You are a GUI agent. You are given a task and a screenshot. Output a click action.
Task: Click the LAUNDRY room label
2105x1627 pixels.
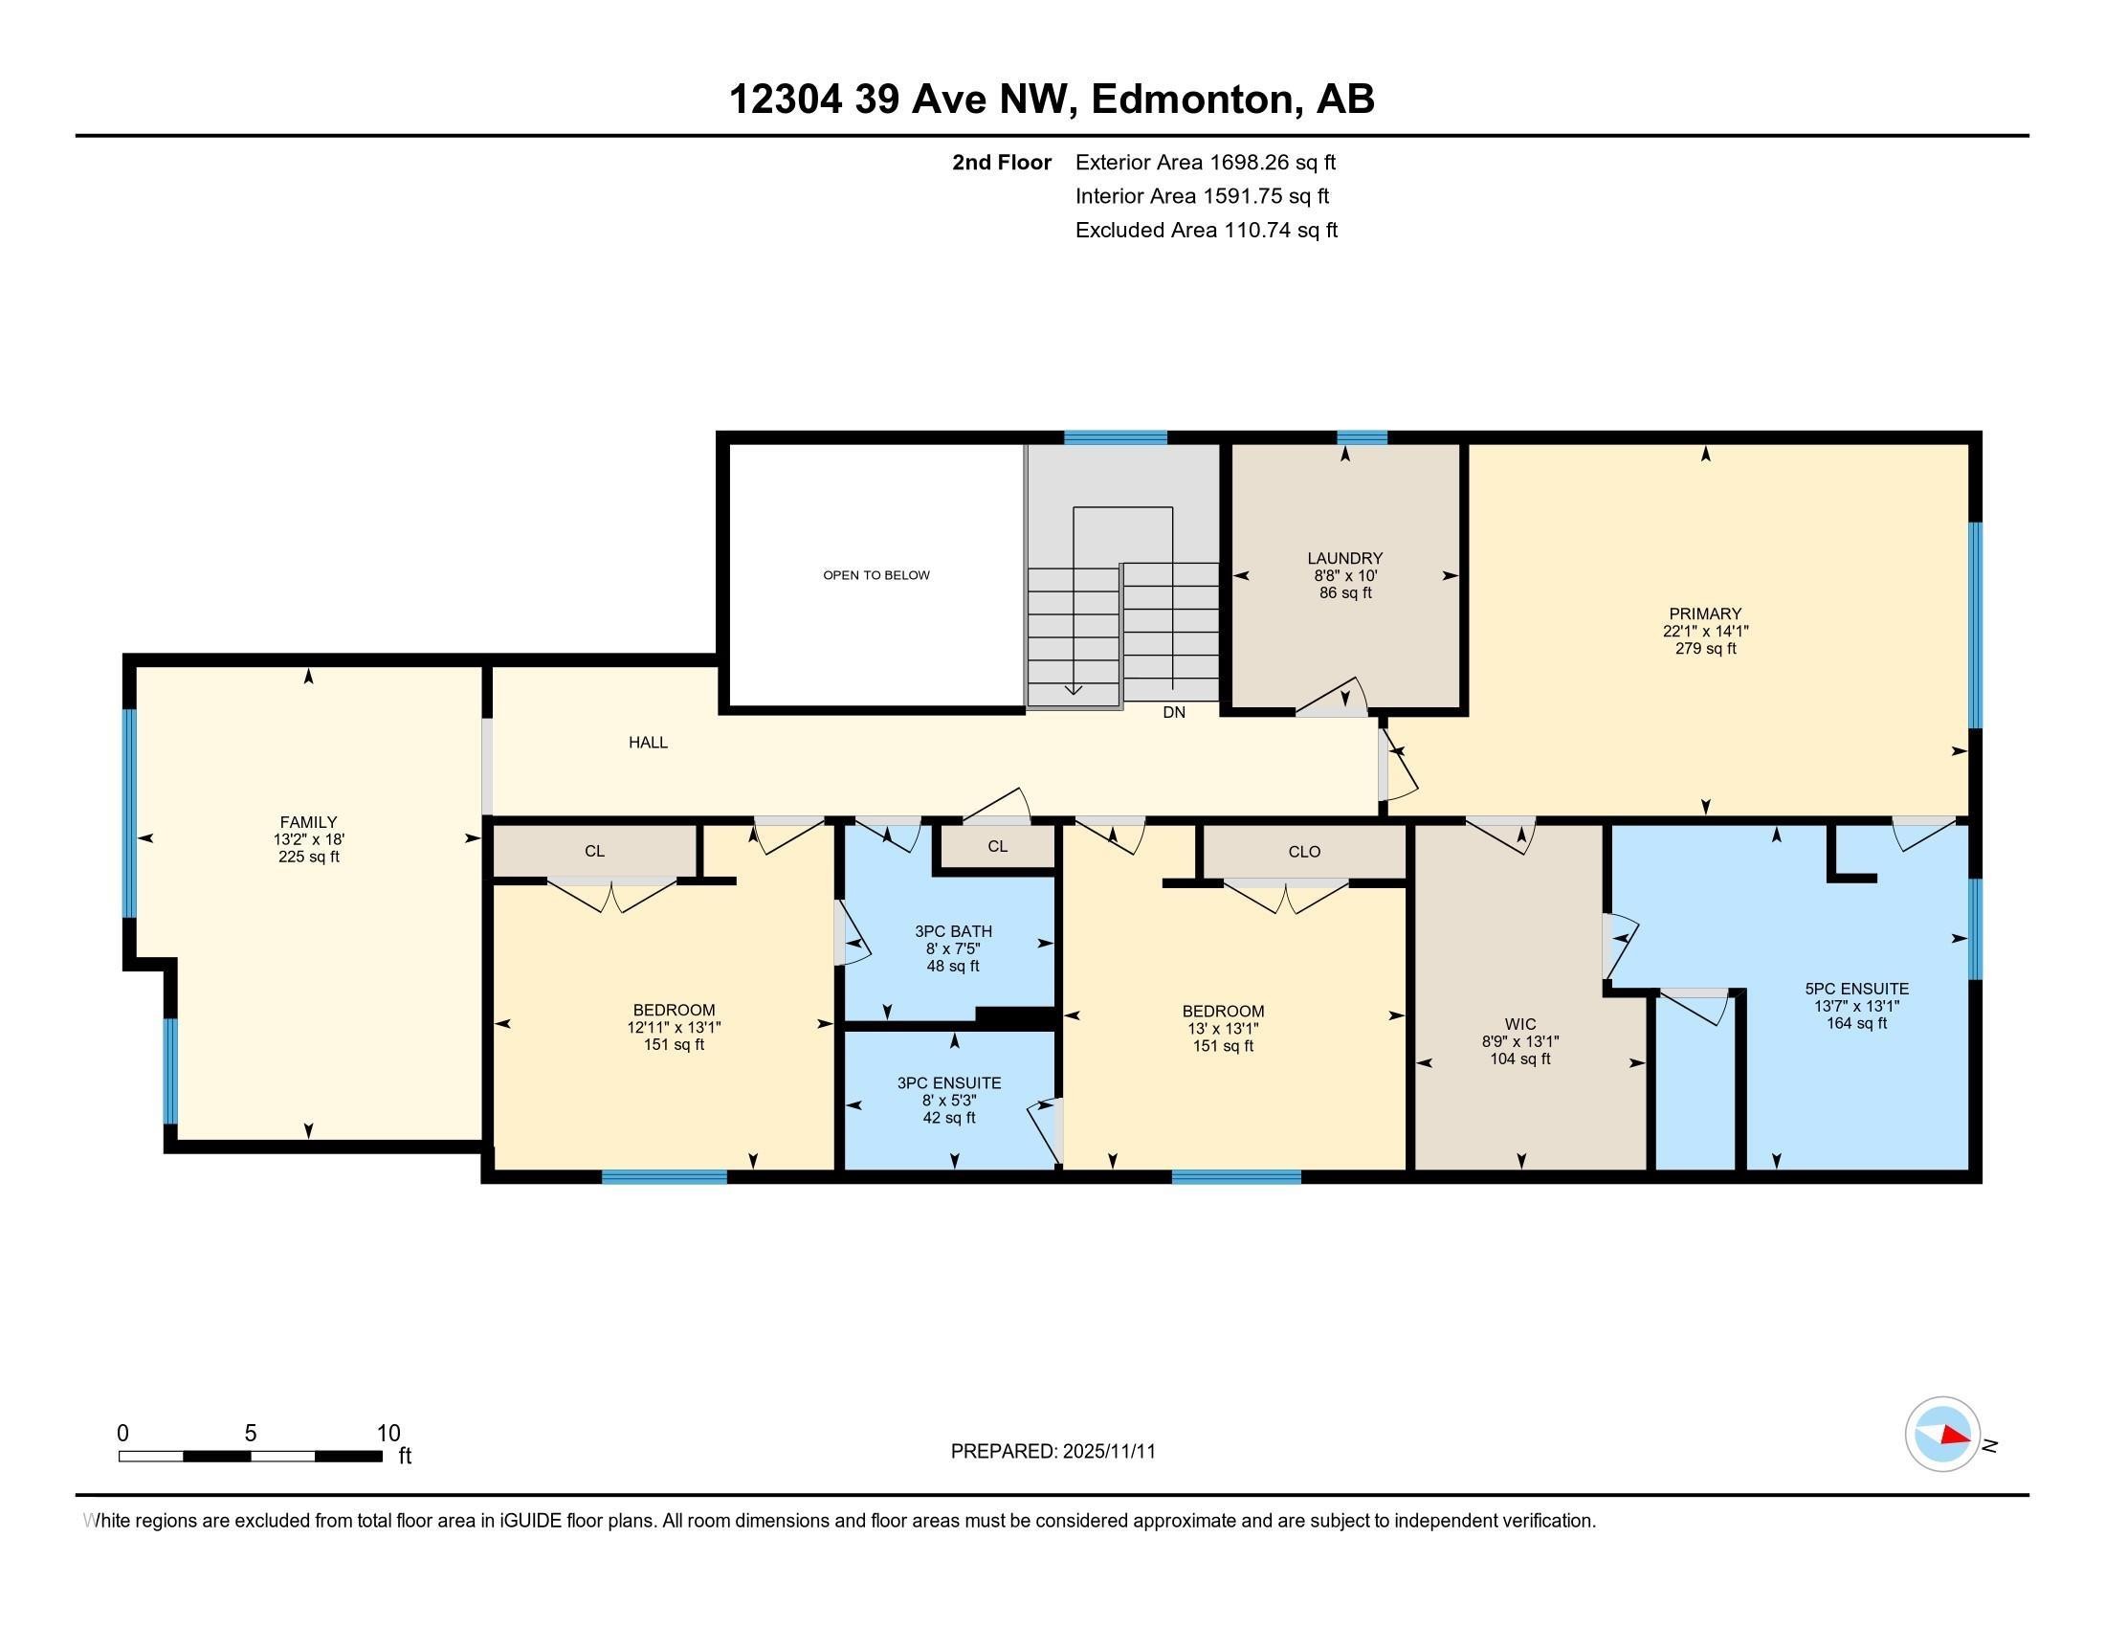tap(1344, 558)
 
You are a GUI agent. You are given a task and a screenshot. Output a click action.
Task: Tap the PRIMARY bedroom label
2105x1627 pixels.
tap(1705, 614)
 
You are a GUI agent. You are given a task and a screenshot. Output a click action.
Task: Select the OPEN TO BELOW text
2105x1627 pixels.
tap(876, 575)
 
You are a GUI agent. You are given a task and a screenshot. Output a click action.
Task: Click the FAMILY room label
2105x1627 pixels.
tap(308, 822)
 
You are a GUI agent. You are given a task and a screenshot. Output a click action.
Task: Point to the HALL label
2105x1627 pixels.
tap(648, 742)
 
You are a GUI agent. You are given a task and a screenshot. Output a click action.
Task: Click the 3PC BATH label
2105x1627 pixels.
tap(952, 931)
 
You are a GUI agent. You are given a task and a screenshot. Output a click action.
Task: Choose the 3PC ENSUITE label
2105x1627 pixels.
tap(948, 1083)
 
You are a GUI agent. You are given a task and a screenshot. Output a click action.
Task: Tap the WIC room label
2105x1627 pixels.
tap(1520, 1024)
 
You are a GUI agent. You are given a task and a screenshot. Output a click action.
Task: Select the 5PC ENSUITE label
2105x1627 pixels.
tap(1856, 989)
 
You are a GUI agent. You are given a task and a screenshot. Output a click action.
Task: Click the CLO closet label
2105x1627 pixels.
tap(1304, 852)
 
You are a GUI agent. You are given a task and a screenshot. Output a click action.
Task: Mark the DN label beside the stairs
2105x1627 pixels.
tap(1174, 712)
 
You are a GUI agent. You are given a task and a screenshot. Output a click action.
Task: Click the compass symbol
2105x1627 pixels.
tap(1942, 1435)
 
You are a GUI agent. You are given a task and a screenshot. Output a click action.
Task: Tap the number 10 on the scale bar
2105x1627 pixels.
tap(388, 1434)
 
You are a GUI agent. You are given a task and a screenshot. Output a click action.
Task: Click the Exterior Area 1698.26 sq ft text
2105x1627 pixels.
tap(1205, 163)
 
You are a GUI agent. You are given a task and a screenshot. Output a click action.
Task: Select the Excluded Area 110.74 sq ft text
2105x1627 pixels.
tap(1206, 231)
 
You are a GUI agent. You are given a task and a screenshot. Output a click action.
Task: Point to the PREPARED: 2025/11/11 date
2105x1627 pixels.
tap(1052, 1452)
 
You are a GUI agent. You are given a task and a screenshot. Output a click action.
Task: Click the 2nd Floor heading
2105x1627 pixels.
tap(1002, 163)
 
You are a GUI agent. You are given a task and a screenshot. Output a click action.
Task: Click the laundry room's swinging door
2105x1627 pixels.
tap(1335, 700)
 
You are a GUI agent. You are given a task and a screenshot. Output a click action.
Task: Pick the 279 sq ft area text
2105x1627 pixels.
tap(1705, 649)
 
